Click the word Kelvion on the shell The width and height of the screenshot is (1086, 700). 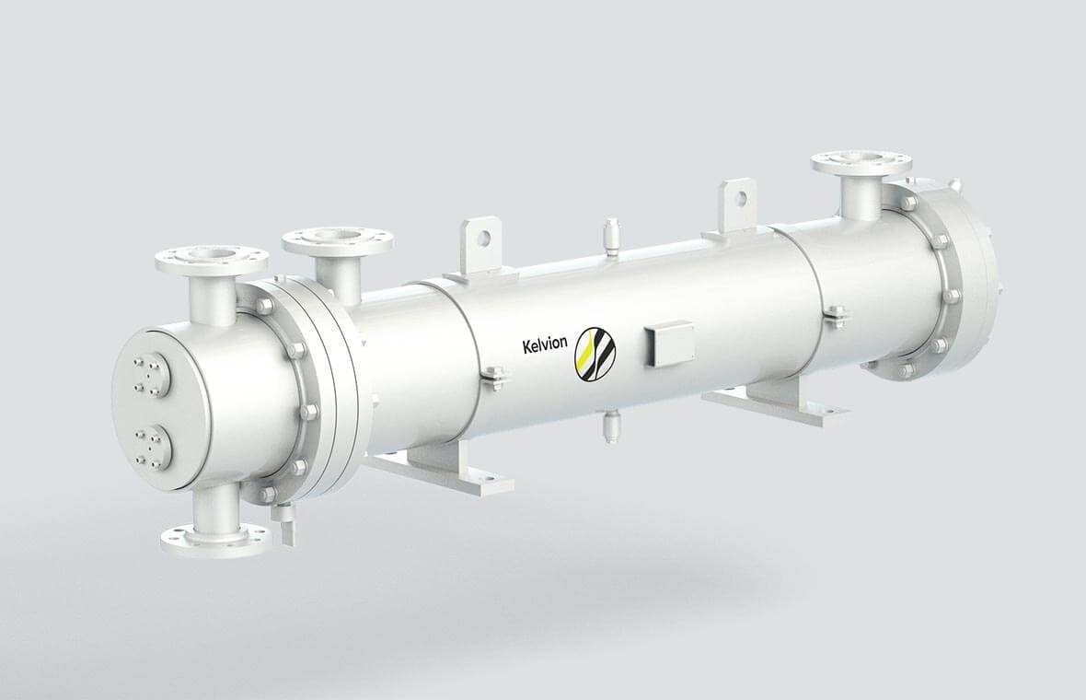(x=545, y=344)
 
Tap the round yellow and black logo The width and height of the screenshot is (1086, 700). (x=595, y=354)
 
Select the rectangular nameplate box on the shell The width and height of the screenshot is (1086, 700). (x=668, y=343)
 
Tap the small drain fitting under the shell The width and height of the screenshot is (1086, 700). (x=610, y=425)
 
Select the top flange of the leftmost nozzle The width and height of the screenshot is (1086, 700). (x=212, y=259)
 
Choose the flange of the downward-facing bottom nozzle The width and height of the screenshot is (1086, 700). (x=217, y=539)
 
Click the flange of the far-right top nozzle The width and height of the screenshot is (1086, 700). (x=861, y=163)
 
